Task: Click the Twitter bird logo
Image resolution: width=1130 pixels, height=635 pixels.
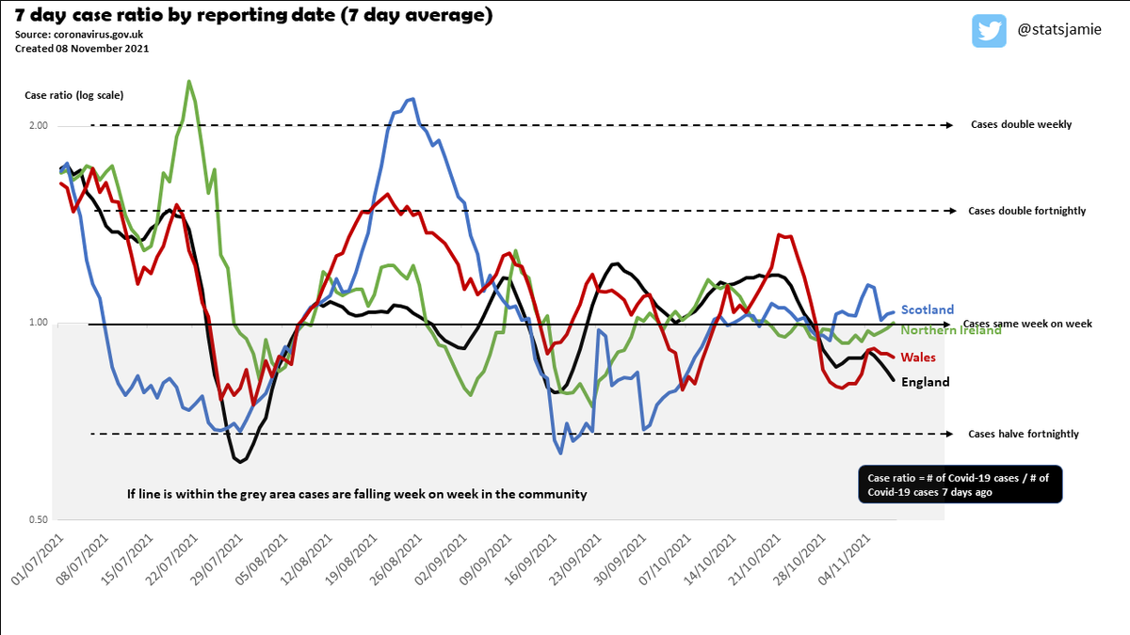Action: pyautogui.click(x=990, y=31)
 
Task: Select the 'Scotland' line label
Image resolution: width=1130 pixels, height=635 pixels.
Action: pyautogui.click(x=927, y=310)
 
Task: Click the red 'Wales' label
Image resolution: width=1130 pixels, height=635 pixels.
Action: pyautogui.click(x=918, y=357)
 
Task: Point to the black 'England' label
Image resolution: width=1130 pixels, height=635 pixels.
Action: pyautogui.click(x=925, y=382)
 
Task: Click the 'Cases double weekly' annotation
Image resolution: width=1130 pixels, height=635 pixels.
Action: pyautogui.click(x=1021, y=125)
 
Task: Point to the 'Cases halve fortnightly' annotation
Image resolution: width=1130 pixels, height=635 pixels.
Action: pyautogui.click(x=1024, y=434)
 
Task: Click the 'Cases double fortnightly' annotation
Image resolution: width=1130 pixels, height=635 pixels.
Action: pyautogui.click(x=1026, y=211)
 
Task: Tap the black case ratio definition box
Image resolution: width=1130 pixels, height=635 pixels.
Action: pyautogui.click(x=960, y=484)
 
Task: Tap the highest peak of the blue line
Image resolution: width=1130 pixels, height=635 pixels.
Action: pyautogui.click(x=411, y=99)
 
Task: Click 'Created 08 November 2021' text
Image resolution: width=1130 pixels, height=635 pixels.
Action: pyautogui.click(x=81, y=48)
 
